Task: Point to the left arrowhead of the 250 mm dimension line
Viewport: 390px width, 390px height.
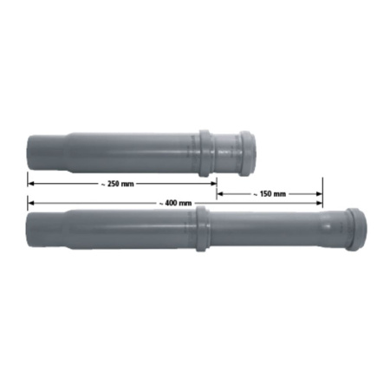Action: tap(31, 184)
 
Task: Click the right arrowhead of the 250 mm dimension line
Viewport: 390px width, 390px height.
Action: tap(212, 184)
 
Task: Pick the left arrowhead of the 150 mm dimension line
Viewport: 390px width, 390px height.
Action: tap(220, 194)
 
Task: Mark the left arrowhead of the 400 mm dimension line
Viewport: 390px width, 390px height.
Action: tap(31, 203)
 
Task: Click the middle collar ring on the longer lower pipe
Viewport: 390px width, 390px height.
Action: tap(200, 229)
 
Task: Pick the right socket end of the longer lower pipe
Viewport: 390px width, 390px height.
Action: tap(356, 229)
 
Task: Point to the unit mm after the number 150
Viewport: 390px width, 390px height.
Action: tap(279, 194)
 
